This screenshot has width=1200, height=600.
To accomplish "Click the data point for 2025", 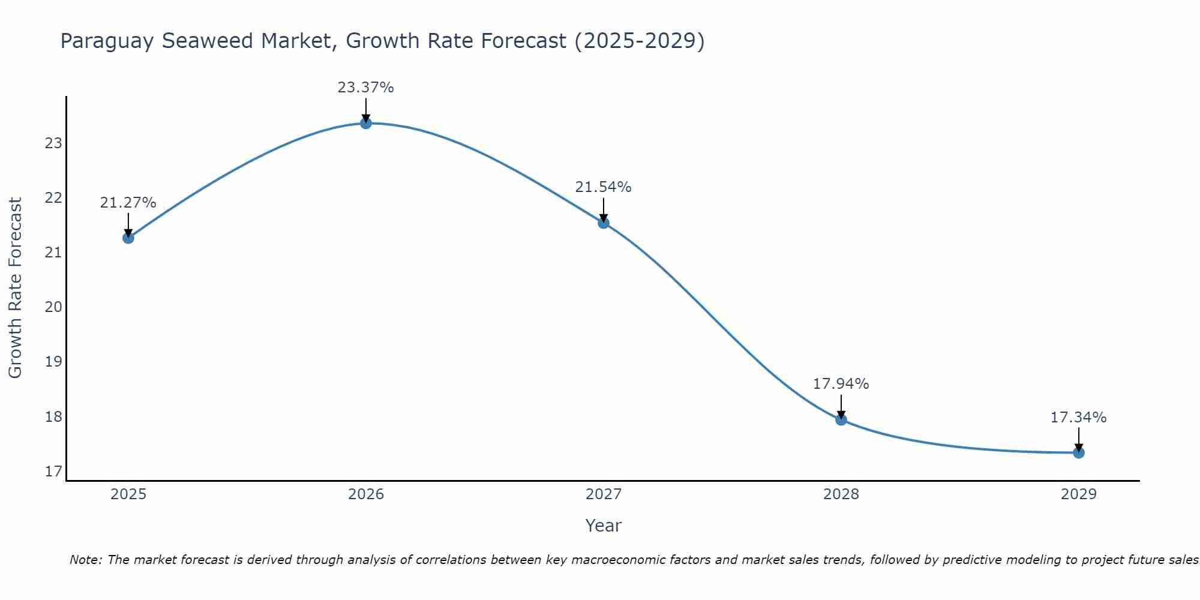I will [128, 238].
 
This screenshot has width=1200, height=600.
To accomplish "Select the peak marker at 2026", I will [366, 123].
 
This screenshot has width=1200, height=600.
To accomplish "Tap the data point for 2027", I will [604, 223].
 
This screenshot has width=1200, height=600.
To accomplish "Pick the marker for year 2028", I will [841, 419].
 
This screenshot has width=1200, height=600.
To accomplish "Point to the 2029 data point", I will [1079, 452].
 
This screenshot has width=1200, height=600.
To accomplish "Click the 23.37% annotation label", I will [365, 88].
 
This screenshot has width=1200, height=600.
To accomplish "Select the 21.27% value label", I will [128, 203].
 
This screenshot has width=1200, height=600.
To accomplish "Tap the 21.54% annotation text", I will [603, 187].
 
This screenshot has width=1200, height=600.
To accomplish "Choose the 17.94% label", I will [841, 384].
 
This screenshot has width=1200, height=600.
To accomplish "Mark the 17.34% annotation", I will [1078, 418].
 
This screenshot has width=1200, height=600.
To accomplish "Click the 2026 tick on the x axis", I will [366, 494].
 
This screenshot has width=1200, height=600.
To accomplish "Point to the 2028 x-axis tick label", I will [841, 494].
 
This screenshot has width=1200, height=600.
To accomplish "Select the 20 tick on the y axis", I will [53, 307].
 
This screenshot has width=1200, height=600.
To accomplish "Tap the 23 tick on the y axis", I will [53, 143].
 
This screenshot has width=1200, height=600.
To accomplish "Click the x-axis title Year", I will [603, 526].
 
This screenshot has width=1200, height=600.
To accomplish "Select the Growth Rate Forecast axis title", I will [16, 288].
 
